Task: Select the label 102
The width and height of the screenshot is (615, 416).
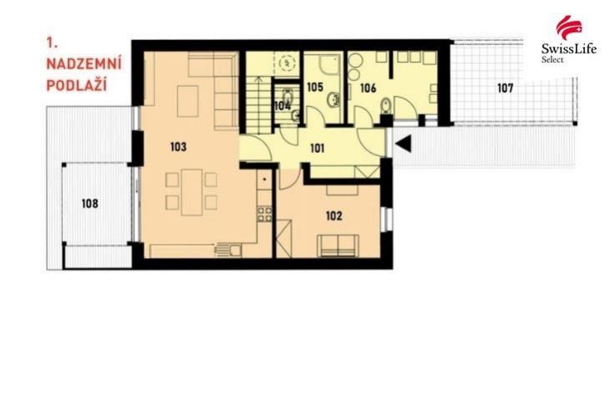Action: pyautogui.click(x=333, y=216)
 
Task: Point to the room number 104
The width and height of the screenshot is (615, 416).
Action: pyautogui.click(x=282, y=105)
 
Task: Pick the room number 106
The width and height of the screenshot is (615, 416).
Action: pyautogui.click(x=368, y=87)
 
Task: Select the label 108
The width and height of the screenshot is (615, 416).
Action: pyautogui.click(x=89, y=203)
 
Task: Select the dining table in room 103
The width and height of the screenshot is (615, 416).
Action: pyautogui.click(x=191, y=190)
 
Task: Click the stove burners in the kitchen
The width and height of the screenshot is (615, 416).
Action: pyautogui.click(x=263, y=215)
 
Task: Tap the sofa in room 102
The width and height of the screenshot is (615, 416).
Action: pyautogui.click(x=338, y=245)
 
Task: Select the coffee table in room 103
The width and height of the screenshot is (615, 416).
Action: pyautogui.click(x=185, y=99)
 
